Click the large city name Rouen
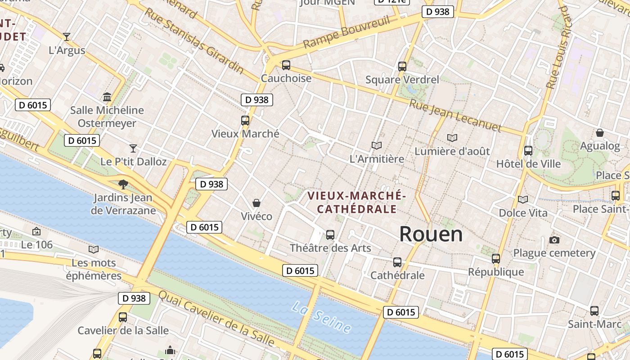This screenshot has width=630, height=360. coord(431,234)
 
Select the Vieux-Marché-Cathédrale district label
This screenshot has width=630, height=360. coord(357,202)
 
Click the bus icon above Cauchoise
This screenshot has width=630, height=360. coord(286,65)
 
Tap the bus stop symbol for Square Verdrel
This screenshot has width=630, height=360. coord(402,67)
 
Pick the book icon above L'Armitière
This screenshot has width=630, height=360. coord(377,145)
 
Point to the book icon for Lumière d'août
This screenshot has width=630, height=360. coord(452,138)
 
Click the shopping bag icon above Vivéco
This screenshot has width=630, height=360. coord(256,203)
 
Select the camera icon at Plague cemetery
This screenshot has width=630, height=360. coord(554,240)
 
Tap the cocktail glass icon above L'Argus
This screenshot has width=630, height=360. coord(67,37)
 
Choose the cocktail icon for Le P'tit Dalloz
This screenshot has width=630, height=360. coord(133,148)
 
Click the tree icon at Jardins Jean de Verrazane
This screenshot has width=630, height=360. coord(122,184)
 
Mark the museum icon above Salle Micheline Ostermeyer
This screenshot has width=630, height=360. coord(107,97)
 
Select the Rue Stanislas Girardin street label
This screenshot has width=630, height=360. coord(193,40)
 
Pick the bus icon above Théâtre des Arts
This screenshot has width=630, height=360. coord(330,234)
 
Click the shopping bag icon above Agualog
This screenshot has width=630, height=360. coord(599,133)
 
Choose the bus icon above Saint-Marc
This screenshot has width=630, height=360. coord(594,310)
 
